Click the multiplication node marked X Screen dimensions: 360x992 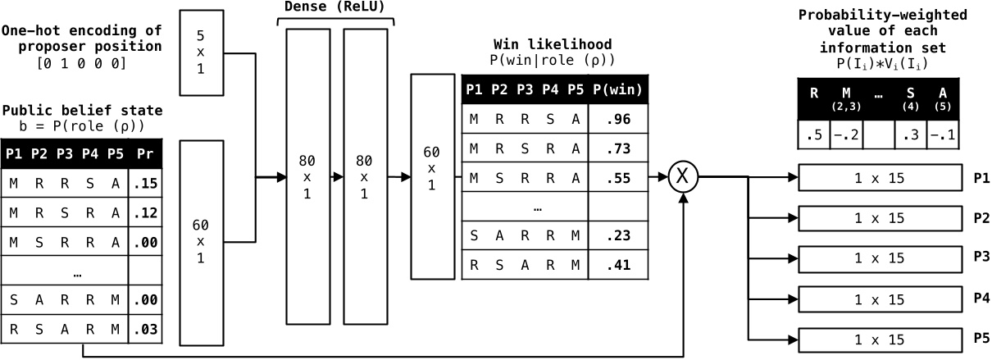(x=683, y=176)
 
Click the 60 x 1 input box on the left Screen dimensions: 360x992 (x=201, y=242)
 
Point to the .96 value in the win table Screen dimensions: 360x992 (x=620, y=119)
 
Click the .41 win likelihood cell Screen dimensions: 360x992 (x=620, y=265)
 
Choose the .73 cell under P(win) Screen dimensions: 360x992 (x=620, y=148)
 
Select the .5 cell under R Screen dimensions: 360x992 (x=814, y=135)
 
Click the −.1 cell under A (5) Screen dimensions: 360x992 (x=944, y=135)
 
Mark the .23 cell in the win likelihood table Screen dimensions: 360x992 (x=620, y=236)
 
